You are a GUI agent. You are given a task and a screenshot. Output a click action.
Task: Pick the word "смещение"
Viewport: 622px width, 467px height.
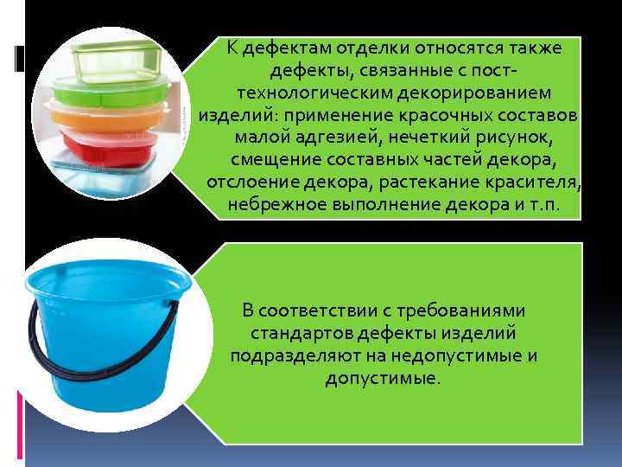pos(274,161)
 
